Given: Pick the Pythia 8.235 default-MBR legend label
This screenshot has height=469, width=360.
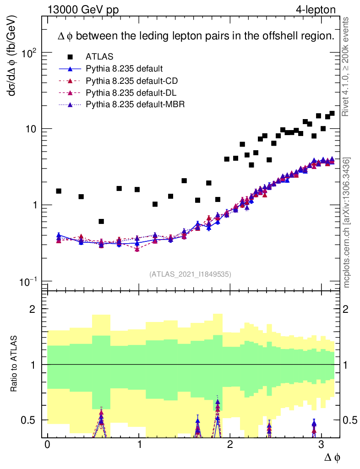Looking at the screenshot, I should (x=135, y=105).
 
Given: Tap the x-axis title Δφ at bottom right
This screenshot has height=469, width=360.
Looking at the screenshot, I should (x=332, y=457).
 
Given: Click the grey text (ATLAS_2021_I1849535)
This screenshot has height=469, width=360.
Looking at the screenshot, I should (x=190, y=274).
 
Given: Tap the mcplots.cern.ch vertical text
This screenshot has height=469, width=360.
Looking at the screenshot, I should (x=347, y=224).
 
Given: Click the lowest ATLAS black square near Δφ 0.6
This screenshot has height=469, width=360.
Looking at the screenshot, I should (x=101, y=221).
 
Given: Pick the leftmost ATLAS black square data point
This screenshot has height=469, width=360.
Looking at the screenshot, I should (x=59, y=191).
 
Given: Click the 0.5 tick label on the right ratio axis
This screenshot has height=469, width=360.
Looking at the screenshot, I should (x=349, y=420).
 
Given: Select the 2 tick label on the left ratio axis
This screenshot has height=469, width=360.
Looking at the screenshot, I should (x=33, y=309).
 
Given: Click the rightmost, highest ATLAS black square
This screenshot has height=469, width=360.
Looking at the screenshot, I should (x=332, y=113).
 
